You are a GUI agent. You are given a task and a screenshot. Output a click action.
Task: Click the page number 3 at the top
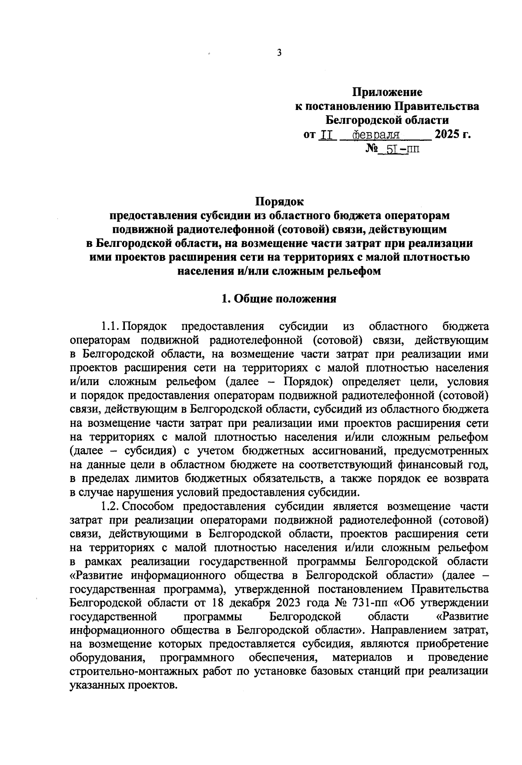coord(279,53)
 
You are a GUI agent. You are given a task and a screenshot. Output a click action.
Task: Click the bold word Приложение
coord(387,92)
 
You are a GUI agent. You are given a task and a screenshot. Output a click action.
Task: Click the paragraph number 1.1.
coord(110,326)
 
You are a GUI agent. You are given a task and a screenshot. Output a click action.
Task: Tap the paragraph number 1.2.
coord(110,506)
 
